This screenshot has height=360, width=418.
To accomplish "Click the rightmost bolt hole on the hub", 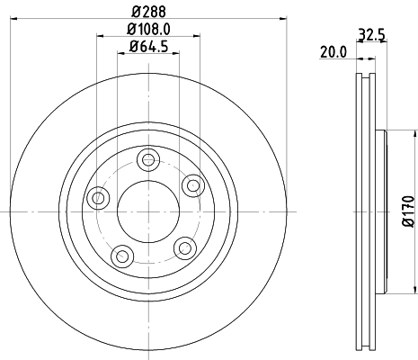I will click(191, 184).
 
